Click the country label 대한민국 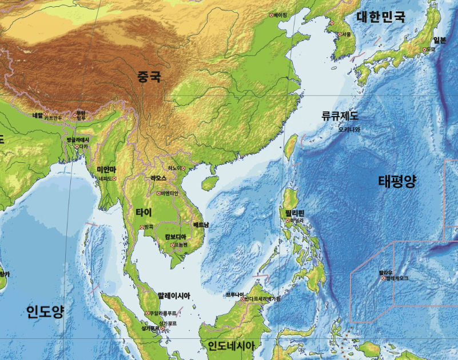381,17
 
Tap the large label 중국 149,77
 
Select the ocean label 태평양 397,182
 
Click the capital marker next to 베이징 272,15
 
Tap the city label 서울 347,34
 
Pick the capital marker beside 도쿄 424,50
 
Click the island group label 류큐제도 340,116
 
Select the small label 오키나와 349,129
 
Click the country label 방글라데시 78,139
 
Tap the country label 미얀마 106,170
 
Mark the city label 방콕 148,227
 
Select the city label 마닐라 297,220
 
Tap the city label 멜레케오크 397,278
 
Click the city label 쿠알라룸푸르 165,313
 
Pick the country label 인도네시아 231,346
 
